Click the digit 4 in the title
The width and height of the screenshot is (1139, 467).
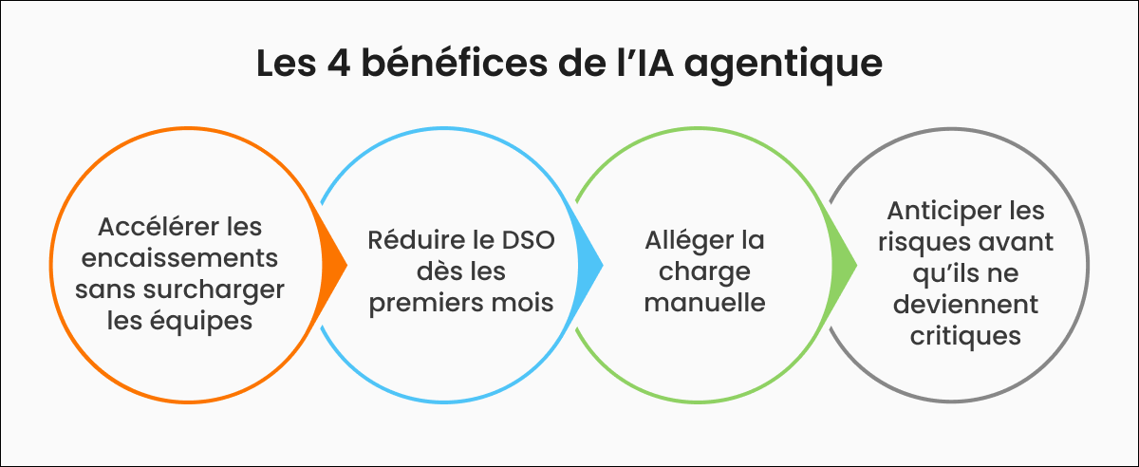(x=339, y=65)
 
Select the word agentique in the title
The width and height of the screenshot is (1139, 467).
(x=783, y=66)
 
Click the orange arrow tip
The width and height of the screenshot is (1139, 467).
(x=346, y=265)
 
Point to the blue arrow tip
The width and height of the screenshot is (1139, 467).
(x=603, y=265)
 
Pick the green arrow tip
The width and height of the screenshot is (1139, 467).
(x=857, y=265)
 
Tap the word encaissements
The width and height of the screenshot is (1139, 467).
(x=179, y=258)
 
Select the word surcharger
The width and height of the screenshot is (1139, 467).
(x=214, y=290)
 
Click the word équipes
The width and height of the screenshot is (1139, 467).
(x=202, y=322)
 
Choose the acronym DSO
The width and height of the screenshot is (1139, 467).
(x=529, y=240)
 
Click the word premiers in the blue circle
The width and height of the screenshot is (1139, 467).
(x=425, y=303)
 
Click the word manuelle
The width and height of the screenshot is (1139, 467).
(x=704, y=302)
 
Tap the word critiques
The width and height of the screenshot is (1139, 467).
(x=965, y=337)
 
